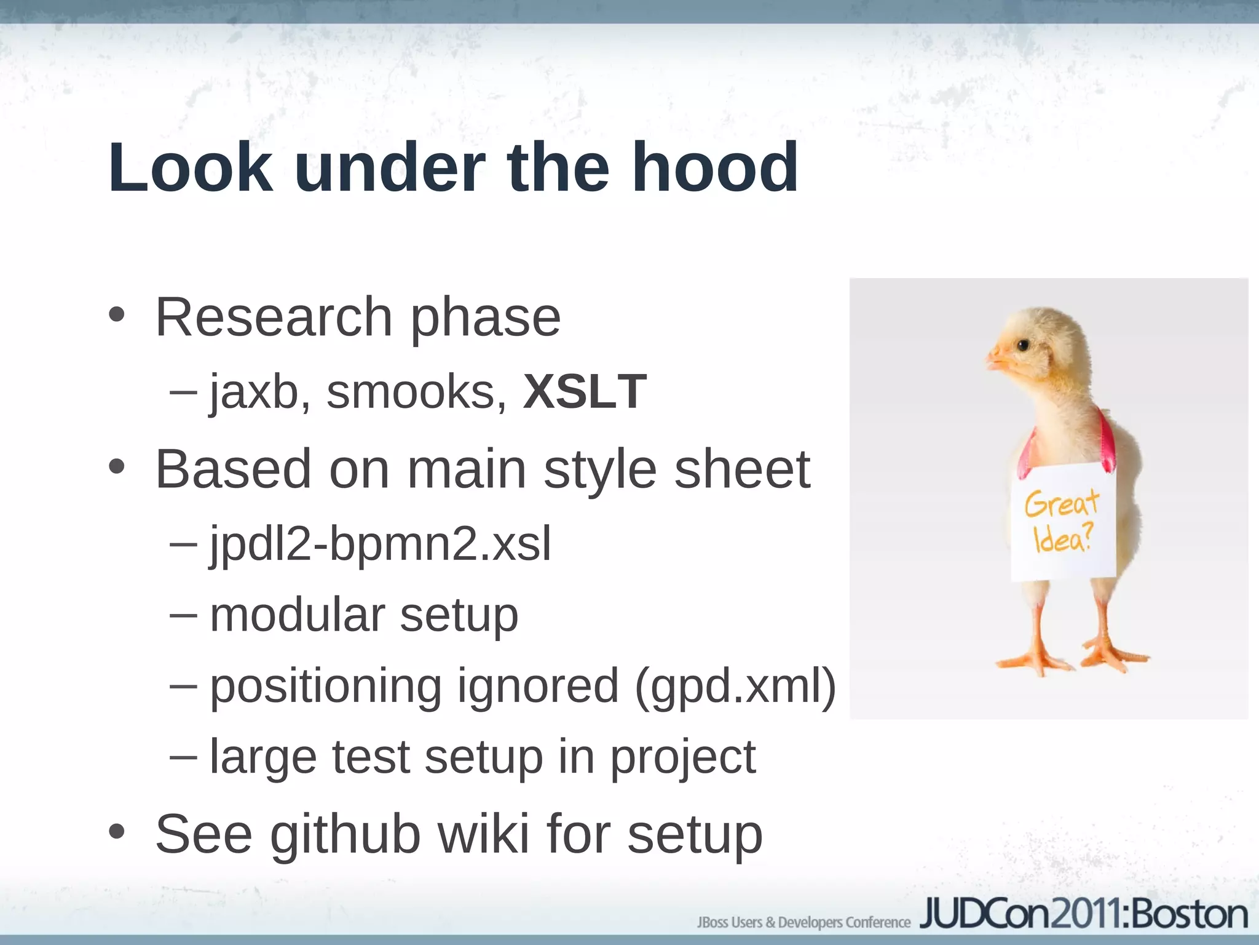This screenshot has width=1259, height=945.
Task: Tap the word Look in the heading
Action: [191, 167]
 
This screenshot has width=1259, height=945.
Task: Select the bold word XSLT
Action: [585, 391]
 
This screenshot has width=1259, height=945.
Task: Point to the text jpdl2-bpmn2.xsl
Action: [381, 544]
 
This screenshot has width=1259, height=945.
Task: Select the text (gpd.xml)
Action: [735, 686]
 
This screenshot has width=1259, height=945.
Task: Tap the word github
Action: [345, 835]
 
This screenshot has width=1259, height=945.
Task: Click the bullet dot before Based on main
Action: [116, 467]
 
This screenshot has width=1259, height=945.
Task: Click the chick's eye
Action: [1023, 345]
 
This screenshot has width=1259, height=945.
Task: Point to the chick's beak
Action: [996, 359]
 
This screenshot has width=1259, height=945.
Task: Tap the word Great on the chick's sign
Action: [1062, 503]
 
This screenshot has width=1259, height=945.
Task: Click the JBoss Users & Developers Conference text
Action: [803, 922]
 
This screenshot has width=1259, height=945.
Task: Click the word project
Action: [682, 758]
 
